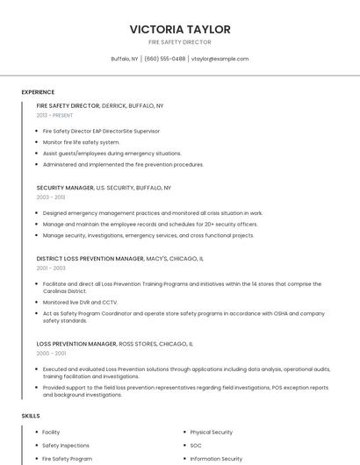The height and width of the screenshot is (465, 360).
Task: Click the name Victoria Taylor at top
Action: point(180,29)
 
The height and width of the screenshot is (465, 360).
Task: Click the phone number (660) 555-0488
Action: point(165,59)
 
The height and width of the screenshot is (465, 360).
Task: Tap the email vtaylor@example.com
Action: point(220,59)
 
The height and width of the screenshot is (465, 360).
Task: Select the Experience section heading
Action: point(38,92)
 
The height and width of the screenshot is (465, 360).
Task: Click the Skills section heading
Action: point(31,415)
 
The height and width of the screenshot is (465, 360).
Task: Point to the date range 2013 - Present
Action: point(54,115)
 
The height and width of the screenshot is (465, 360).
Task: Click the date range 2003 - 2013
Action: point(51,197)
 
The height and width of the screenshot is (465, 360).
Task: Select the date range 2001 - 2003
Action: point(51,268)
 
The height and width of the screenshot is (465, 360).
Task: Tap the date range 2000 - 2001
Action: point(51,354)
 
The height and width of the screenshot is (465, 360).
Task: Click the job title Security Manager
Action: point(65,188)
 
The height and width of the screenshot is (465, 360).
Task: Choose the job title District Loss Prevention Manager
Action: point(90,259)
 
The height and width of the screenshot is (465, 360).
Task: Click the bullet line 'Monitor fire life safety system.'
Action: point(81,142)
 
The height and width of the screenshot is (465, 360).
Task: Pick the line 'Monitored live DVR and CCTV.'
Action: point(80,302)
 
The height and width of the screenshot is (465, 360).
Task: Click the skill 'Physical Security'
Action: point(211,433)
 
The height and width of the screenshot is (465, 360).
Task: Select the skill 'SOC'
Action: point(196,446)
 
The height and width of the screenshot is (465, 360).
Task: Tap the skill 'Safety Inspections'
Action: point(66,446)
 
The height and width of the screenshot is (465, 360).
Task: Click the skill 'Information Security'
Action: point(216,459)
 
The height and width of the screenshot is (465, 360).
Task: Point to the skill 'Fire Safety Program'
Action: point(67,459)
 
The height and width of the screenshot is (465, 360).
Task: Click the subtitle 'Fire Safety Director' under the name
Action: point(180,42)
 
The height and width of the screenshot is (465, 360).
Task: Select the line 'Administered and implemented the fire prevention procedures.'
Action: point(123,164)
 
